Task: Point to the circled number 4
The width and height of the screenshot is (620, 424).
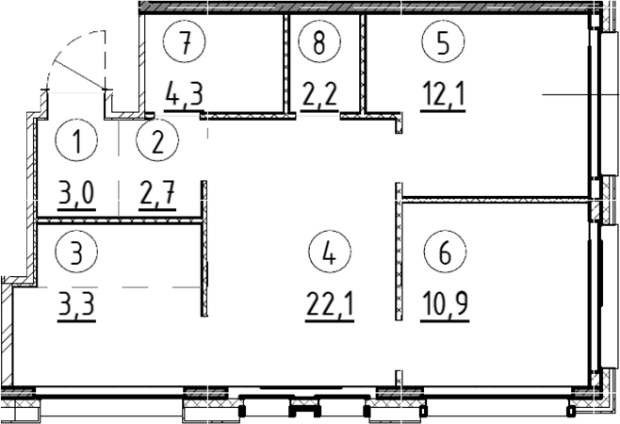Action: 327,253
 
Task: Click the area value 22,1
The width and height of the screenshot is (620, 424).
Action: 327,305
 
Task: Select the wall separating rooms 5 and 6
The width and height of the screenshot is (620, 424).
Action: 495,198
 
